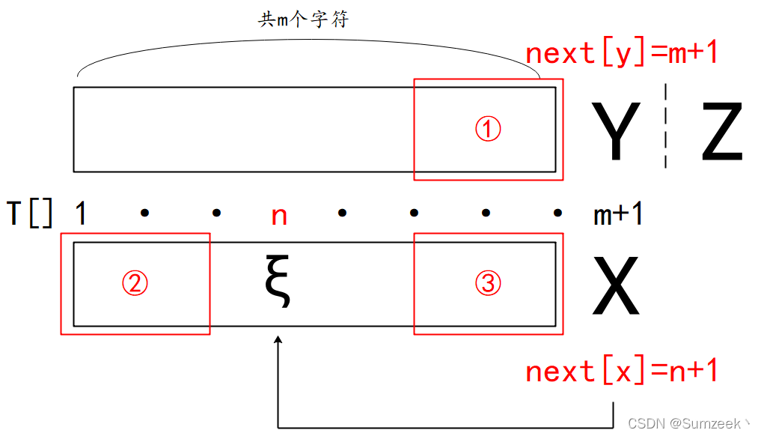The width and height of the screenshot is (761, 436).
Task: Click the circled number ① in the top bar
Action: pyautogui.click(x=488, y=130)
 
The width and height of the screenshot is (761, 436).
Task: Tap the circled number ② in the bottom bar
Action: pyautogui.click(x=135, y=283)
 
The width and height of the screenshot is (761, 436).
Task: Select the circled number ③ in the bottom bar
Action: pyautogui.click(x=488, y=283)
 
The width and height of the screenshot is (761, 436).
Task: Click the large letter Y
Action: pyautogui.click(x=616, y=133)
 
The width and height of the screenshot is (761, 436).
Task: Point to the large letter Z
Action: pyautogui.click(x=721, y=133)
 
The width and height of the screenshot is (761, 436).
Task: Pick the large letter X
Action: pyautogui.click(x=616, y=286)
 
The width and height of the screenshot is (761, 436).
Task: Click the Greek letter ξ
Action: pyautogui.click(x=278, y=283)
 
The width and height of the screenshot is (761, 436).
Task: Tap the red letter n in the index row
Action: pyautogui.click(x=278, y=216)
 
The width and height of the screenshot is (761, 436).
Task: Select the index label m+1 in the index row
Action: pyautogui.click(x=618, y=215)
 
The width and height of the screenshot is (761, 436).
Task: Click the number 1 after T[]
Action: pyautogui.click(x=80, y=214)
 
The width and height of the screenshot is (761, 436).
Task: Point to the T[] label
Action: pyautogui.click(x=30, y=214)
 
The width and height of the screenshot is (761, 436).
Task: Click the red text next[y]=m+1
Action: pyautogui.click(x=621, y=53)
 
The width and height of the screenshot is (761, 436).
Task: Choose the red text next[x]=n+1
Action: pyautogui.click(x=621, y=371)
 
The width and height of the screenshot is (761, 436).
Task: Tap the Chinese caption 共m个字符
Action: pyautogui.click(x=304, y=20)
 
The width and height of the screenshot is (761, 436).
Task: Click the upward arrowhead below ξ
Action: pyautogui.click(x=278, y=342)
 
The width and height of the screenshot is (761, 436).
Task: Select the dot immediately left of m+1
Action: pyautogui.click(x=557, y=214)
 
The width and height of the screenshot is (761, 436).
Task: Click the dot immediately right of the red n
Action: pyautogui.click(x=342, y=214)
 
